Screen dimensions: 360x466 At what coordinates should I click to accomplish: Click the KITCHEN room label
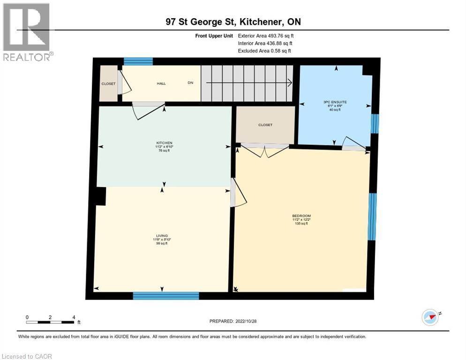[x=164, y=142]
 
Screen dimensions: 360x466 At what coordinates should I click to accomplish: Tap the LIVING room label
[x=162, y=235]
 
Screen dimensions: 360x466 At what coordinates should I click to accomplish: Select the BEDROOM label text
[x=301, y=216]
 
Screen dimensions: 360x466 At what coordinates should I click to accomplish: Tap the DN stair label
[x=190, y=83]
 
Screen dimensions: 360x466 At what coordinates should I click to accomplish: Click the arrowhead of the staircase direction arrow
[x=290, y=83]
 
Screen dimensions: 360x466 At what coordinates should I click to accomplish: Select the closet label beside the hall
[x=108, y=84]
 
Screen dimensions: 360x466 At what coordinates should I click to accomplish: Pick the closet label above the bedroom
[x=265, y=125]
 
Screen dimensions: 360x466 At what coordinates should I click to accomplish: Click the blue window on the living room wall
[x=166, y=295]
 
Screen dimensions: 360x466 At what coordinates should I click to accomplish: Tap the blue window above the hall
[x=138, y=61]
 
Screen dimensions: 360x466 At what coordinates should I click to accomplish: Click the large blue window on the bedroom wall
[x=372, y=217]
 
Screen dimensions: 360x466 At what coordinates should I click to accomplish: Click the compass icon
[x=430, y=317]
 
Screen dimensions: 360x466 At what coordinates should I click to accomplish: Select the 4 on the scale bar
[x=74, y=317]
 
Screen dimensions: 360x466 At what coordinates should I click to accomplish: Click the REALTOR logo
[x=27, y=32]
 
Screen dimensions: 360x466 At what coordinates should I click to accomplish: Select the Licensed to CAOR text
[x=28, y=356]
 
